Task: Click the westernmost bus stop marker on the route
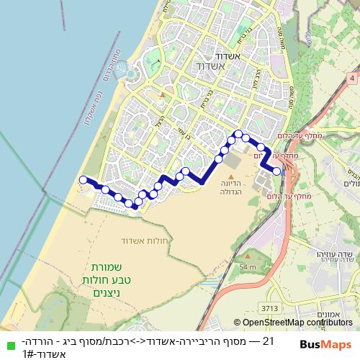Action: click(x=83, y=180)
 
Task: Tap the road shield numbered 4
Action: click(x=351, y=76)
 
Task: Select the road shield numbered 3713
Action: click(x=269, y=309)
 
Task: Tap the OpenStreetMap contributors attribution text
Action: click(x=293, y=323)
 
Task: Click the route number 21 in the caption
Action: click(x=269, y=341)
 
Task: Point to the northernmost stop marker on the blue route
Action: click(x=238, y=133)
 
